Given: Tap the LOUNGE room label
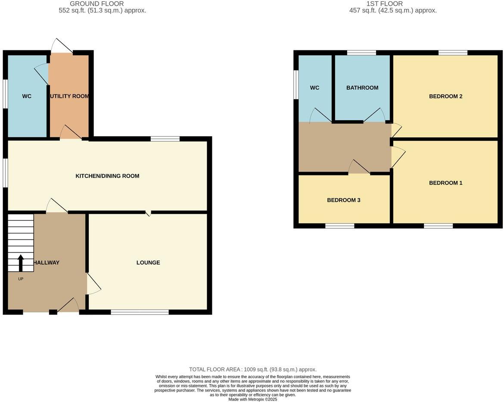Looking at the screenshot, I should [x=148, y=262].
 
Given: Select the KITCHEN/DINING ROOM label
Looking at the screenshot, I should [x=107, y=176].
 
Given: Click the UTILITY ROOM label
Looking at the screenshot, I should [x=69, y=96].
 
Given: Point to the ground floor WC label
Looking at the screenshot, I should [x=27, y=96].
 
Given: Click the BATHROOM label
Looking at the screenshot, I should [x=362, y=87].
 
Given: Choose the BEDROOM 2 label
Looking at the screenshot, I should [x=445, y=96].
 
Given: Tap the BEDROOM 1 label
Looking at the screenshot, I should [x=445, y=183].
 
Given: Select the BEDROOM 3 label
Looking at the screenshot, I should [x=343, y=200].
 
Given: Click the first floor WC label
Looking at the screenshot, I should [x=314, y=87].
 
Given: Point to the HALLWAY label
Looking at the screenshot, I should [x=47, y=262].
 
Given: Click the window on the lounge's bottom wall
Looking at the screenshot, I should [x=140, y=312].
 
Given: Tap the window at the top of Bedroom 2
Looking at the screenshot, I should [x=453, y=53].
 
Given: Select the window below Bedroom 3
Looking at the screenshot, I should [x=339, y=225].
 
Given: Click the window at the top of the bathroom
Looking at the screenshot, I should [x=361, y=53].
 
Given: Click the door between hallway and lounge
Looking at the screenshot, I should [x=93, y=284].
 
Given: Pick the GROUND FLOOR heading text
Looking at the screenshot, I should [x=96, y=3].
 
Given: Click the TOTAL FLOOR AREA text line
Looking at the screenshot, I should [x=253, y=369].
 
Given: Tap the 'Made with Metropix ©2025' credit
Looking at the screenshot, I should [x=252, y=399].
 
